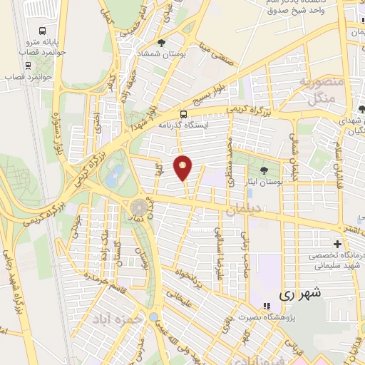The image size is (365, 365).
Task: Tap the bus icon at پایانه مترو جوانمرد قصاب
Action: click(x=43, y=31)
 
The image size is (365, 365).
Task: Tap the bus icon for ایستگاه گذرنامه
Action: click(x=184, y=114)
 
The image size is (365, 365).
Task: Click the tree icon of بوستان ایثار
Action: click(x=264, y=170)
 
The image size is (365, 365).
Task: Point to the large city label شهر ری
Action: click(x=299, y=293)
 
